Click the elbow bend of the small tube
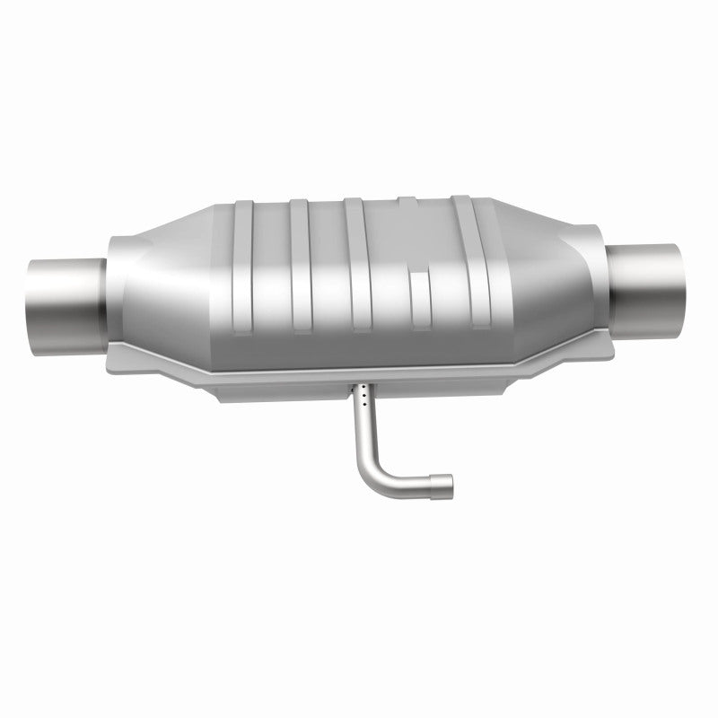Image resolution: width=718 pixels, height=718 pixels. click(x=377, y=471)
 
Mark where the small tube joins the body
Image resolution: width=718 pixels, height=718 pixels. click(x=361, y=383)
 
